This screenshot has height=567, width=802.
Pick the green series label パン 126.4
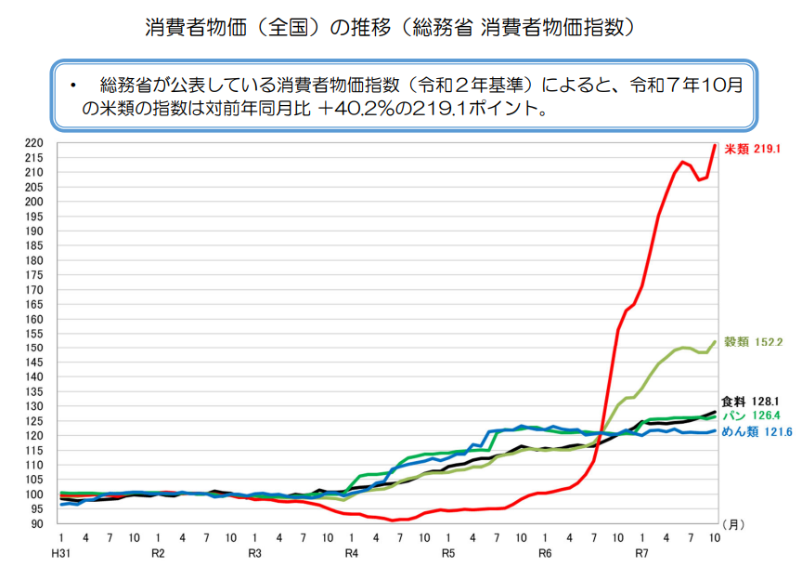click(x=752, y=415)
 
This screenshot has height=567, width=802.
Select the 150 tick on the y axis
click(x=33, y=349)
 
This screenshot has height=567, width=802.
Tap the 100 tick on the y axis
click(x=33, y=494)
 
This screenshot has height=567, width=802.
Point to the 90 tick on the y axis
click(x=36, y=523)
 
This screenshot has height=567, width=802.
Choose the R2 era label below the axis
click(x=158, y=553)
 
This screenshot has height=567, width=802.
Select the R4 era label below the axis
click(x=352, y=553)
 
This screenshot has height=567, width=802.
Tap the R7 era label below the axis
click(x=641, y=553)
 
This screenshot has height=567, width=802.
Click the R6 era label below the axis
click(x=545, y=553)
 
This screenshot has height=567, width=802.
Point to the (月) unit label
click(x=732, y=525)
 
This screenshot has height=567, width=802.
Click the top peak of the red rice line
click(x=715, y=145)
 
